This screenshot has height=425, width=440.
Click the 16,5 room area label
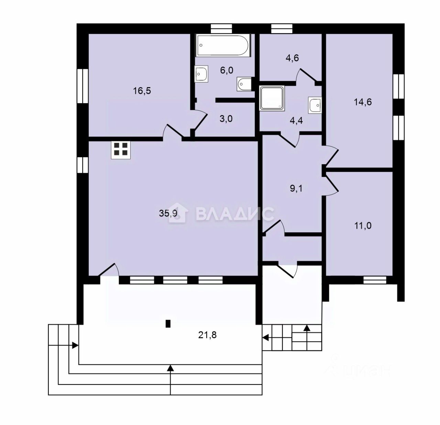click(x=142, y=91)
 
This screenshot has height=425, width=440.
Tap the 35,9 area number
click(x=168, y=213)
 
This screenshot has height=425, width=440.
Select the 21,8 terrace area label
click(x=207, y=335)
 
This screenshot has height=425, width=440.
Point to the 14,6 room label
click(x=363, y=102)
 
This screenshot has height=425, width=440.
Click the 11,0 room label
click(x=363, y=226)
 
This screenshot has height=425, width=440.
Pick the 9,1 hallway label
click(x=296, y=188)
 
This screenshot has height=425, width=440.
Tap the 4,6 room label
click(x=292, y=58)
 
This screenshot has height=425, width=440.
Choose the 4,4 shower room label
click(x=296, y=121)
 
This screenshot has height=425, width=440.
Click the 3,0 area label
click(x=226, y=119)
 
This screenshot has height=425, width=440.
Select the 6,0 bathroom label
click(x=227, y=71)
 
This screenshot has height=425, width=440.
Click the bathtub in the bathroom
click(x=223, y=45)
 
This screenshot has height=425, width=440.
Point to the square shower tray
click(x=272, y=98)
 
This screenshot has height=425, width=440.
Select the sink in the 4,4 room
click(x=315, y=105)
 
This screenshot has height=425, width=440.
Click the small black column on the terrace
click(x=168, y=323)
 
